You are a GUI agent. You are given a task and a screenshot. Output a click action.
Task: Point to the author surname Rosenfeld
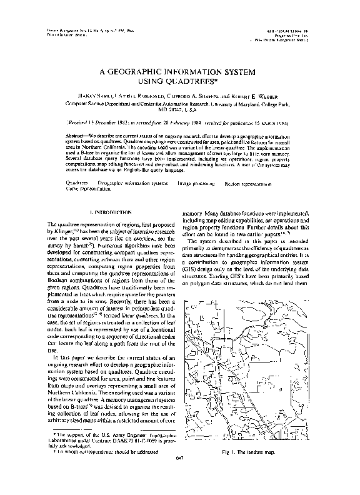(156, 97)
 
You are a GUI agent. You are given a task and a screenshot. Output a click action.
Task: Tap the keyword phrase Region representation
(248, 184)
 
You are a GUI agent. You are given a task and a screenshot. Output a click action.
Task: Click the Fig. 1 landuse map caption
(252, 469)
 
